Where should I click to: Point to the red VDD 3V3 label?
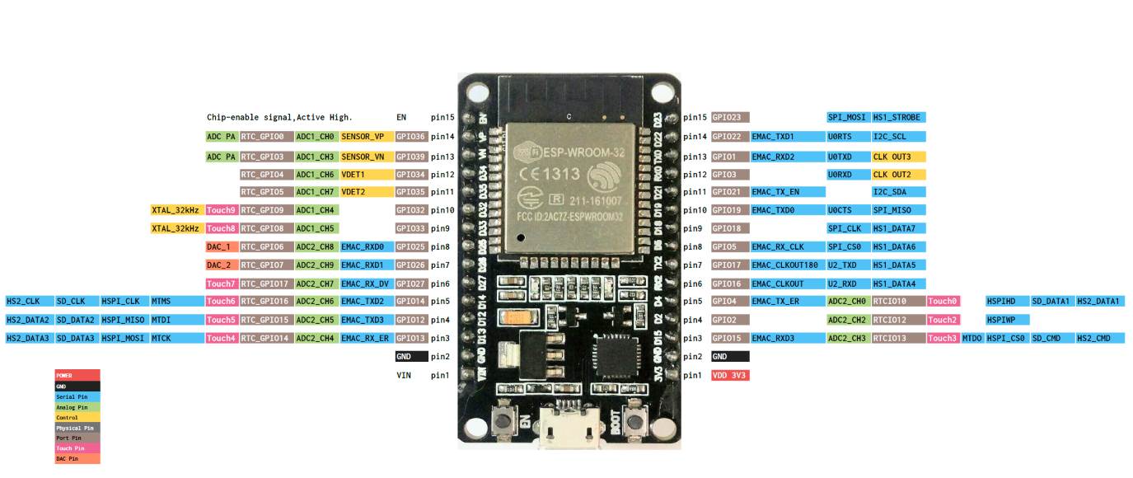tap(730, 375)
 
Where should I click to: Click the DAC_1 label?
tap(221, 246)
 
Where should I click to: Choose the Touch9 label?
tap(221, 210)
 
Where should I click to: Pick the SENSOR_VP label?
tap(362, 137)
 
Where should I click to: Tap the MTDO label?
tap(971, 338)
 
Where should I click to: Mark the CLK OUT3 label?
tap(898, 157)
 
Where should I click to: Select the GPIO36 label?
tap(411, 137)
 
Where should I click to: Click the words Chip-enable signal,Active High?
tap(279, 118)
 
